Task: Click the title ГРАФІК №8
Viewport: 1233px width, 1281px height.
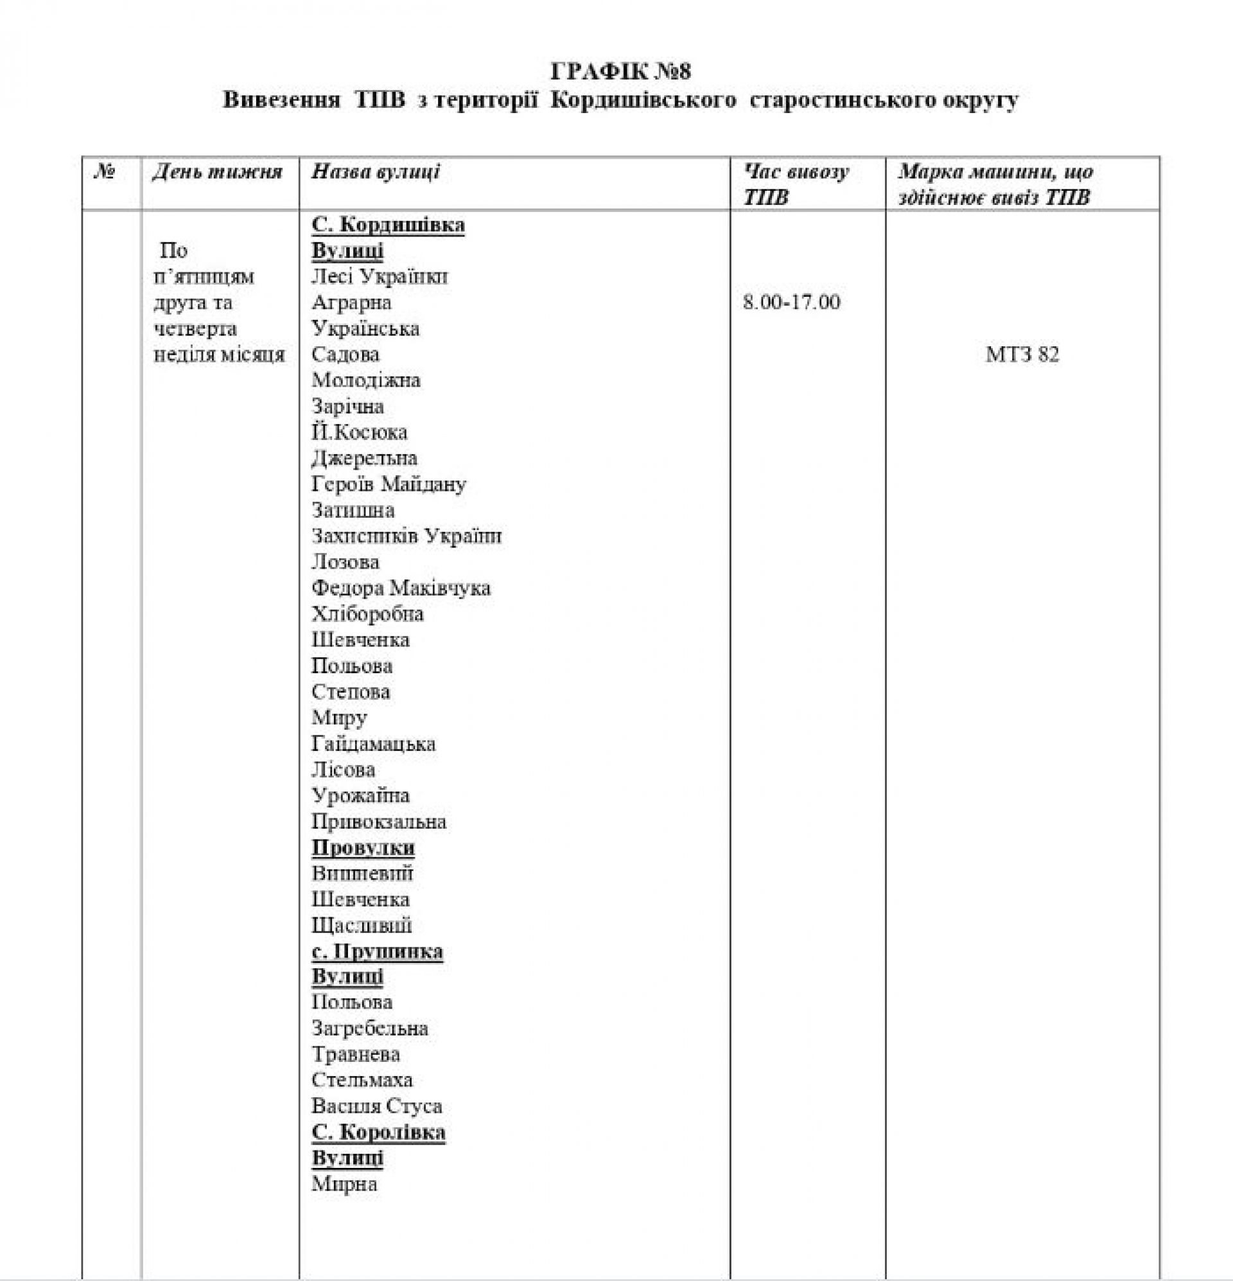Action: click(621, 71)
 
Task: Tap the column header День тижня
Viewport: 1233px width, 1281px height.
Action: click(217, 172)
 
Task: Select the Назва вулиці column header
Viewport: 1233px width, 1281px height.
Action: click(376, 172)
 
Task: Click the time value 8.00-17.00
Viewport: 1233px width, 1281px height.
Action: click(791, 302)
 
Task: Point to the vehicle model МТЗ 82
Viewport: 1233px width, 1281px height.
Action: click(1022, 354)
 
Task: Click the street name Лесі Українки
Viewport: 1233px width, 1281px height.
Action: click(380, 276)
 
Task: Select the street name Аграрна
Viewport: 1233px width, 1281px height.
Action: click(351, 303)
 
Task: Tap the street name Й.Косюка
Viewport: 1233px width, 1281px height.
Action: click(360, 432)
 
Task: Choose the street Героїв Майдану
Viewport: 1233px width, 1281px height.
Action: click(389, 484)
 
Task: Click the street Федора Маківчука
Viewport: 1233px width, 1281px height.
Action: click(401, 588)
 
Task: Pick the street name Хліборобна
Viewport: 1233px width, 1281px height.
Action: click(367, 614)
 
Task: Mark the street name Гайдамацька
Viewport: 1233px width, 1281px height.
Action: click(373, 744)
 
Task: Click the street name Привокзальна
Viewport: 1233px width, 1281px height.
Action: click(379, 822)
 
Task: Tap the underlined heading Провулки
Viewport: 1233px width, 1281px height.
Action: click(363, 847)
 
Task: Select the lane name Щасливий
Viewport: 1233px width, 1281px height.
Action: click(362, 926)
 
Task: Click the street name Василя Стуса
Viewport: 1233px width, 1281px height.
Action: click(377, 1106)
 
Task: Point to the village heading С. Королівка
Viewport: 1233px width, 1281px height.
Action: click(378, 1132)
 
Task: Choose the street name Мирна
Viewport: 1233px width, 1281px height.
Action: click(344, 1183)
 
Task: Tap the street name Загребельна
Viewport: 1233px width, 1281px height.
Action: click(370, 1028)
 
